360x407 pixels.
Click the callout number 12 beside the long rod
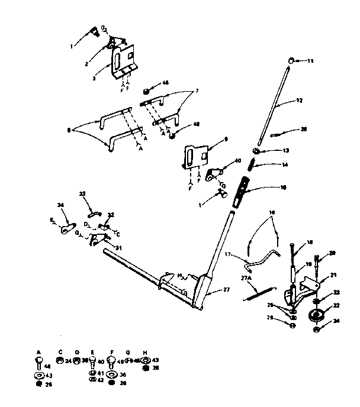click(x=300, y=101)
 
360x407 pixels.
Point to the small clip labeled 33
click(x=94, y=210)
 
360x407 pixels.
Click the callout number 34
click(x=60, y=205)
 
